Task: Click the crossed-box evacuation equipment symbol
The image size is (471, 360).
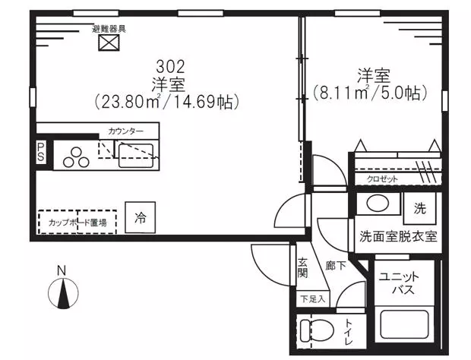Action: [x=109, y=43]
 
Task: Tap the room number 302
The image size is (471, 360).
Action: [x=170, y=67]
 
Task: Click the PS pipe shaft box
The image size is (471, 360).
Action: [x=41, y=152]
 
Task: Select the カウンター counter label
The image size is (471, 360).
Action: [x=126, y=131]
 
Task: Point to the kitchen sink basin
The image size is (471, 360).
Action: [x=136, y=156]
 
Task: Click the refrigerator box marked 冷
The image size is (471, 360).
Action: [x=141, y=217]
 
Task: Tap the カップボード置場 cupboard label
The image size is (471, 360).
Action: [x=77, y=223]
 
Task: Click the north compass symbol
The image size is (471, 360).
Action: [x=63, y=292]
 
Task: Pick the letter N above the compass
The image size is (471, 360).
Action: [x=62, y=271]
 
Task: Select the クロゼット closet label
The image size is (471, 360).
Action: [x=382, y=179]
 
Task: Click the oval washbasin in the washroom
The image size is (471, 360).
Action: [x=378, y=203]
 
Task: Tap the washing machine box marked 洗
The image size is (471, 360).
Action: [x=419, y=208]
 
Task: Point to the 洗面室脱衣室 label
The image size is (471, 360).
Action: [x=398, y=237]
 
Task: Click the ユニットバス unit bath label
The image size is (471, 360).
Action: [x=399, y=283]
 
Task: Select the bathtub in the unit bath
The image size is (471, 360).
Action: [x=404, y=324]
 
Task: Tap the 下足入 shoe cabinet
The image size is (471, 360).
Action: [x=313, y=299]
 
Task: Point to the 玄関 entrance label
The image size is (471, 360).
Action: [x=303, y=268]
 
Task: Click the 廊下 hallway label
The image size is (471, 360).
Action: [x=336, y=265]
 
